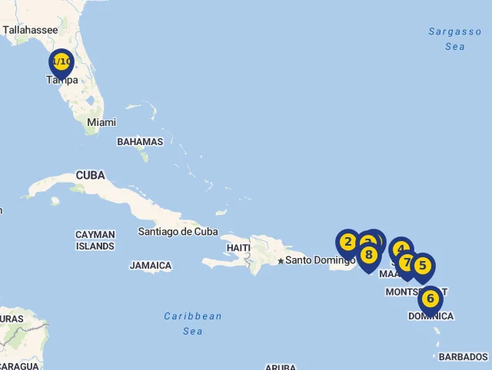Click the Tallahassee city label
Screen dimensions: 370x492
tap(30, 30)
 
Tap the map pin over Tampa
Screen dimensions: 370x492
tap(61, 62)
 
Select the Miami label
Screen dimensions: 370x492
tap(101, 122)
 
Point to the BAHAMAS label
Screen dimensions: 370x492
tap(140, 142)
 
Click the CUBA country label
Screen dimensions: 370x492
tap(90, 176)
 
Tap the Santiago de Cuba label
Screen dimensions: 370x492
tap(178, 231)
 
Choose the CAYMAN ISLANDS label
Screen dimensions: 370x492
tap(95, 240)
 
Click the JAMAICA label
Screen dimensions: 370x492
tap(151, 266)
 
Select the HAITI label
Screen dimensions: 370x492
tap(238, 248)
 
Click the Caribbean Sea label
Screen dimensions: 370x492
tap(193, 323)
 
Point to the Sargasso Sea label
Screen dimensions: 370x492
tap(455, 39)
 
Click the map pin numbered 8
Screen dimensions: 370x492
tap(369, 255)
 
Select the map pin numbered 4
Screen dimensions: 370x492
tap(401, 249)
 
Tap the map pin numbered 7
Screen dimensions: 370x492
tap(407, 263)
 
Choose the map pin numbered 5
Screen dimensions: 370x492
tap(422, 266)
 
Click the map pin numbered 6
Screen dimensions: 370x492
tap(430, 299)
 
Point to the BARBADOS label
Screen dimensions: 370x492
tap(463, 357)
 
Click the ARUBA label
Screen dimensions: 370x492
tap(281, 367)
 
